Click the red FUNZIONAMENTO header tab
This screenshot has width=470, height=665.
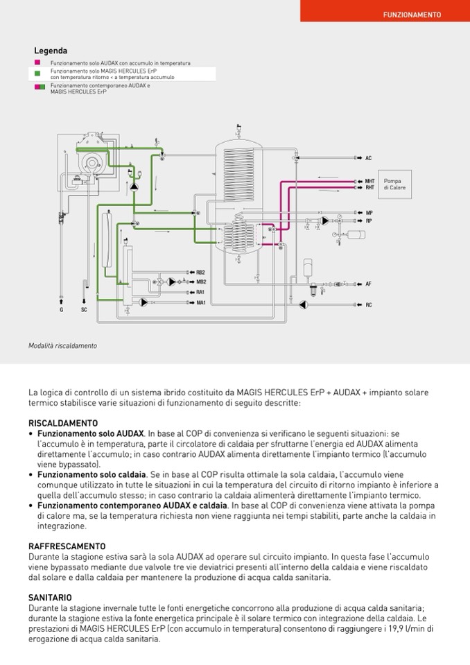(412, 14)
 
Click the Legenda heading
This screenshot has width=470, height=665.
(51, 51)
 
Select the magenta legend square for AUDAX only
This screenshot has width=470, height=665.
(37, 63)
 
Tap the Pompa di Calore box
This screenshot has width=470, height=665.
(392, 184)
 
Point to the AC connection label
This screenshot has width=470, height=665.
(369, 158)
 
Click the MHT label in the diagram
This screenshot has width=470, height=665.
(370, 182)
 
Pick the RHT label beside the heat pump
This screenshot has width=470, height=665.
(370, 187)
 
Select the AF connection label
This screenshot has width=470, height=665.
(369, 284)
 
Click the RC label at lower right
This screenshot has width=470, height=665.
(369, 305)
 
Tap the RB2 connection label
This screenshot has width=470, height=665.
(201, 273)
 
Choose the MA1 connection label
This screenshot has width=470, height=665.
(201, 302)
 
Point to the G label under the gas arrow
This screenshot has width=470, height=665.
(61, 309)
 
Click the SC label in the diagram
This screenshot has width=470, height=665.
(84, 309)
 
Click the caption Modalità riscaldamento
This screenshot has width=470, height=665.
(62, 345)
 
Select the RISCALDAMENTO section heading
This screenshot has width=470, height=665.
(63, 423)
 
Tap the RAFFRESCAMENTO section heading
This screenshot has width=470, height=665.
(67, 546)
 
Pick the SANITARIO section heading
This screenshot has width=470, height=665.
(50, 597)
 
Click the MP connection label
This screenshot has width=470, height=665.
(369, 213)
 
